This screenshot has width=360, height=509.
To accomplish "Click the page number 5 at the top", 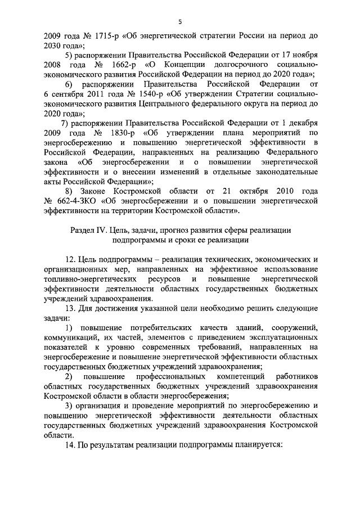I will pos(180,22).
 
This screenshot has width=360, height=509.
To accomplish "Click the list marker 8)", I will pos(70,191).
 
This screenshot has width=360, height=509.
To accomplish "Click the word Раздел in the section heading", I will pos(83,230).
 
